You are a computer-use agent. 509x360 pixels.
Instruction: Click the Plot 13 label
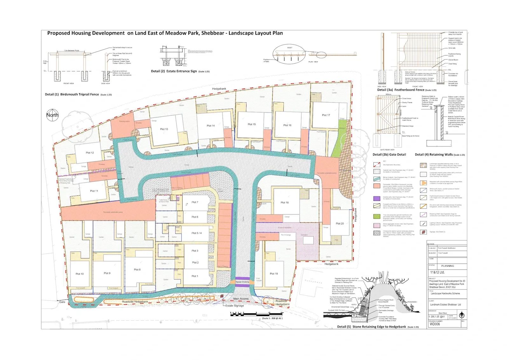[x=164, y=129]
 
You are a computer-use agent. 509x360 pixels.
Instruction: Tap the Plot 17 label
[x=326, y=115]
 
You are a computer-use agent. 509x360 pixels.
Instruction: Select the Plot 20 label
[x=340, y=223]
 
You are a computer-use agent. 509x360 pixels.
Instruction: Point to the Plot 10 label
[x=80, y=274]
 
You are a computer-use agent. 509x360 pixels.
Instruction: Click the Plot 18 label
[x=284, y=202]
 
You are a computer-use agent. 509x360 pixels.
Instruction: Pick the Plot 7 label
[x=195, y=202]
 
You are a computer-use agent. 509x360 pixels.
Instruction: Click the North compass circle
[x=52, y=115]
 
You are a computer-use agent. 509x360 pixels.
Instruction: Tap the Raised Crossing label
[x=242, y=282]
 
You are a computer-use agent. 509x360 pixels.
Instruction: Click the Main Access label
[x=241, y=299]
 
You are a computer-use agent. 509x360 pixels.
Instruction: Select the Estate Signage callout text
[x=235, y=306]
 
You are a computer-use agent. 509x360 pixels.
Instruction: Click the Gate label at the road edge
[x=62, y=302]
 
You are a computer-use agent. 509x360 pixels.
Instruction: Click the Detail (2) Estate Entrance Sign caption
[x=180, y=71]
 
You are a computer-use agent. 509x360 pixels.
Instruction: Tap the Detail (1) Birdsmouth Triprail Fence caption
[x=78, y=95]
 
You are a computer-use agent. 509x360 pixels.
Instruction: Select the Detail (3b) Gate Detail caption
[x=389, y=155]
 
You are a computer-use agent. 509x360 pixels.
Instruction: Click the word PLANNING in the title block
[x=448, y=266]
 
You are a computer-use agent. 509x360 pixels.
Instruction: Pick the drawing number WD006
[x=435, y=324]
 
